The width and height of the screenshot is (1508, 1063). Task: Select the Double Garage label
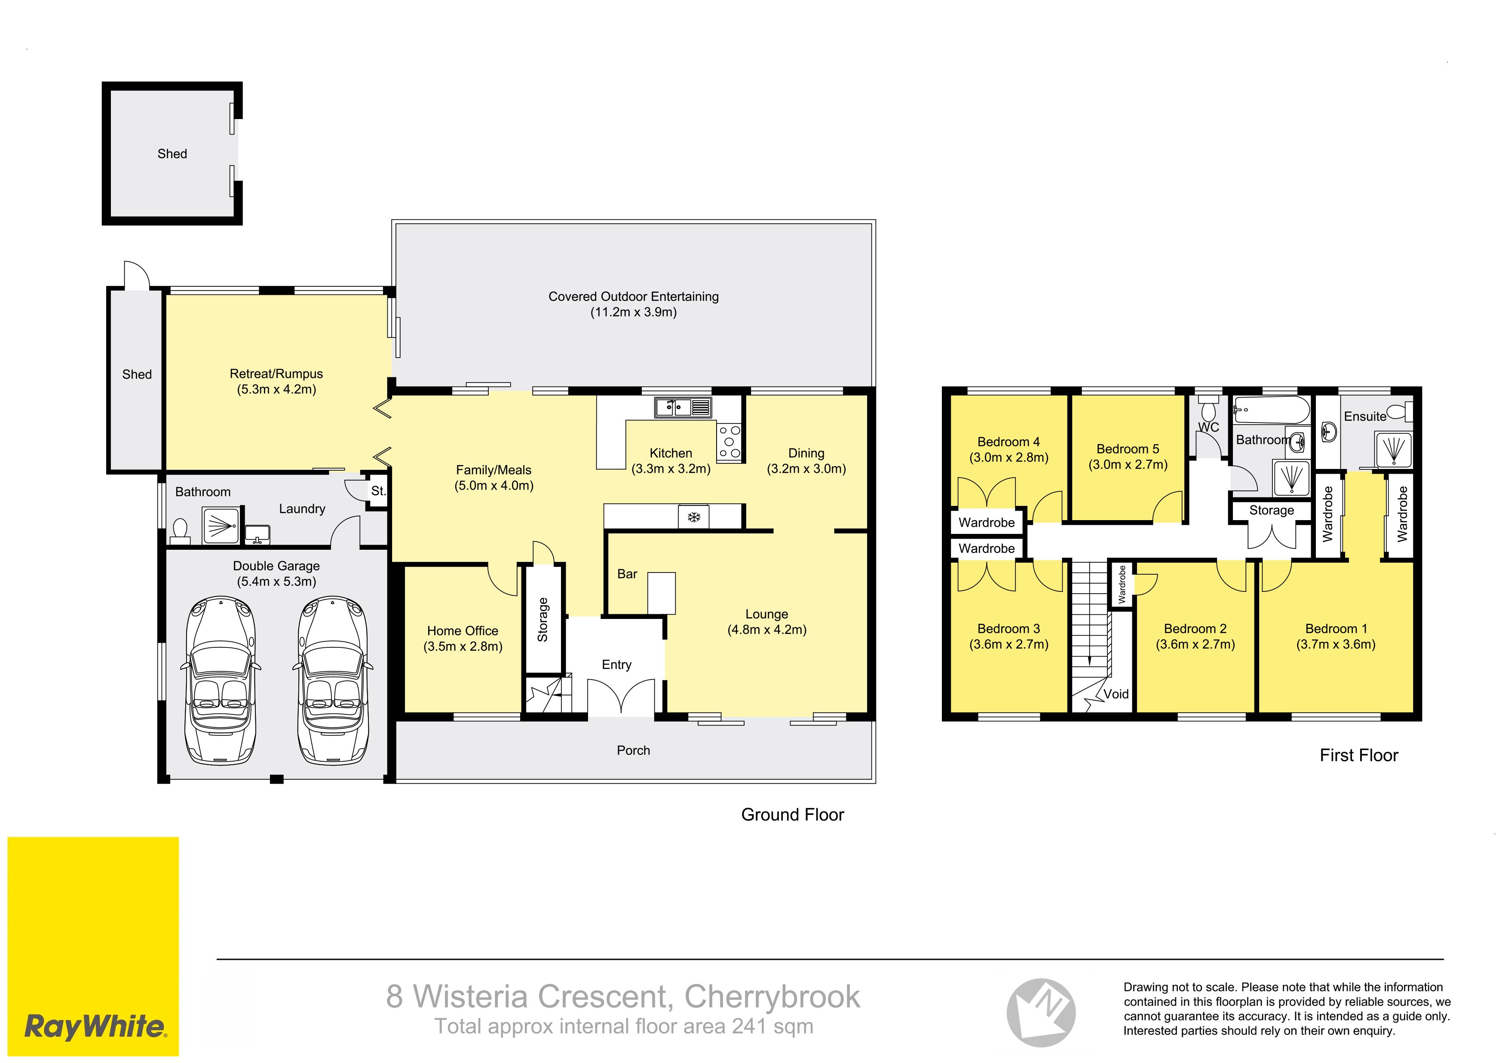point(276,566)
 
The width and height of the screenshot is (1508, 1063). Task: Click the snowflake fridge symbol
point(693,517)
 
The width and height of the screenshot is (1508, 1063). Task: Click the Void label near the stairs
point(1116,694)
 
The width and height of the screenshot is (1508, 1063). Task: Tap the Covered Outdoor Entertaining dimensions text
point(633,312)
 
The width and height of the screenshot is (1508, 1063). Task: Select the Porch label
point(633,751)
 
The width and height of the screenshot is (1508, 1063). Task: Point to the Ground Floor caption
point(793,815)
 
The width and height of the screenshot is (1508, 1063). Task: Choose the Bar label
point(627,574)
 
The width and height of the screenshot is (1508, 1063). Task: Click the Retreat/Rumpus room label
point(276,374)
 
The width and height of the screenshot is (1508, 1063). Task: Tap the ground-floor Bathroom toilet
point(180,530)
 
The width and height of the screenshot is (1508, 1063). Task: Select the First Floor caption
point(1359,755)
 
